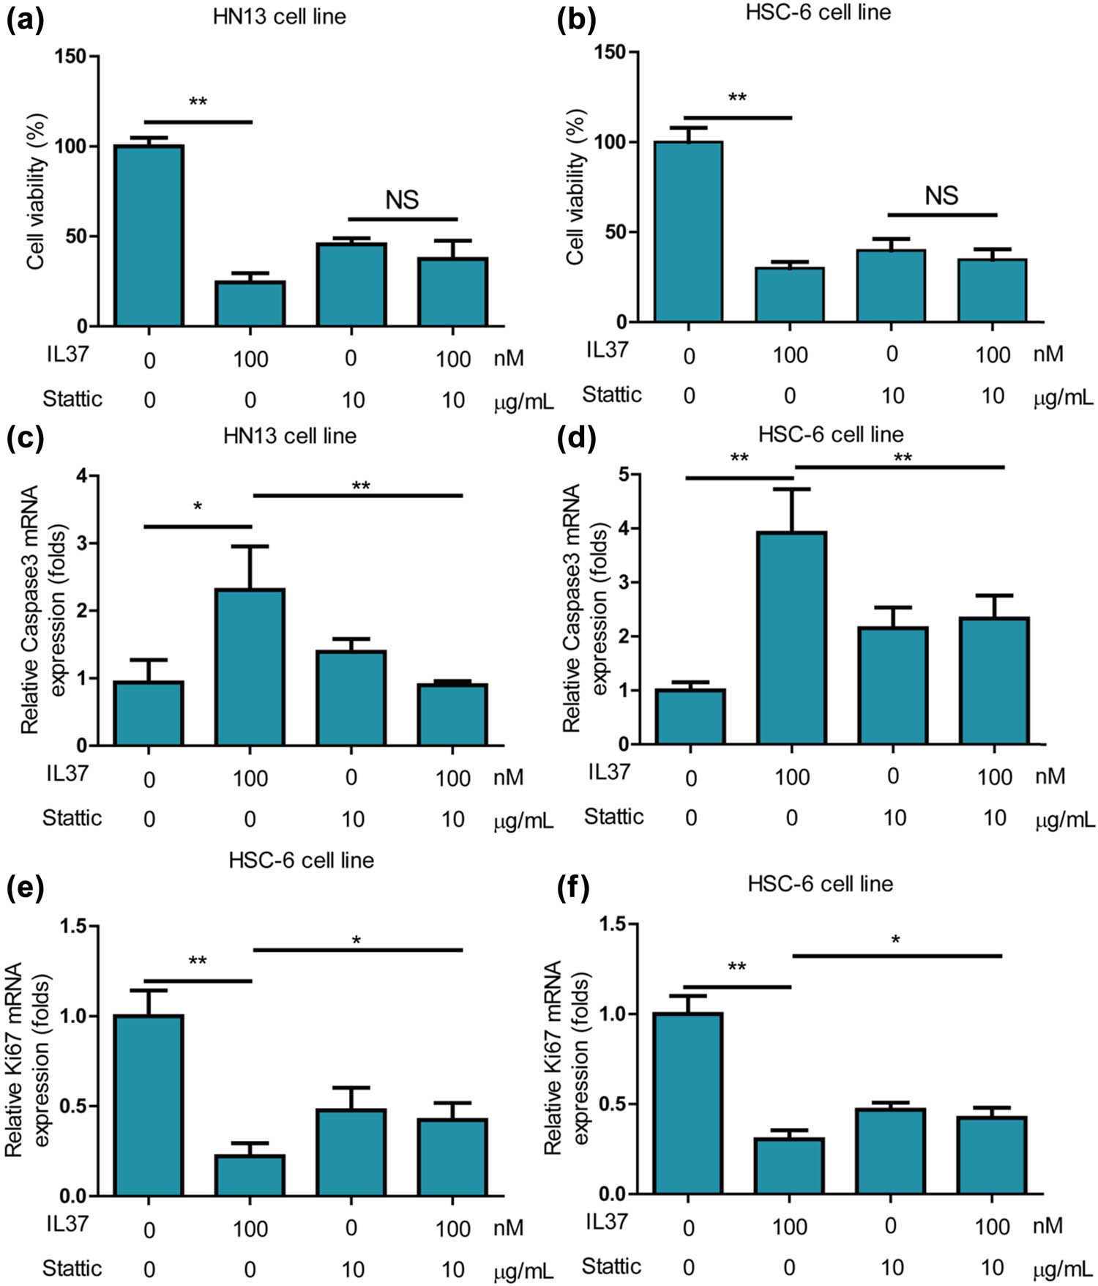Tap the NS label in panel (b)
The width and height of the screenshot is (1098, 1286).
(941, 196)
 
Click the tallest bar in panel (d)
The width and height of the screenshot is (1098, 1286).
(792, 638)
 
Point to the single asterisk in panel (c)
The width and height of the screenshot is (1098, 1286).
(198, 507)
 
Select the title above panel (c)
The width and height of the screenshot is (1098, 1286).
(290, 436)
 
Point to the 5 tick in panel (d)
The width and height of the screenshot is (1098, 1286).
(624, 475)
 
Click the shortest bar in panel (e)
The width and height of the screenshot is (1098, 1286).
(250, 1175)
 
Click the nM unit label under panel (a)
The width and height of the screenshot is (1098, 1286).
(508, 358)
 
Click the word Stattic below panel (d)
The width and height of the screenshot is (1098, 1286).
(613, 816)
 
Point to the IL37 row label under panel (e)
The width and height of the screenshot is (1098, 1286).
(66, 1224)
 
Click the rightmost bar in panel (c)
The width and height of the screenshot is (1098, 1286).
(453, 715)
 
